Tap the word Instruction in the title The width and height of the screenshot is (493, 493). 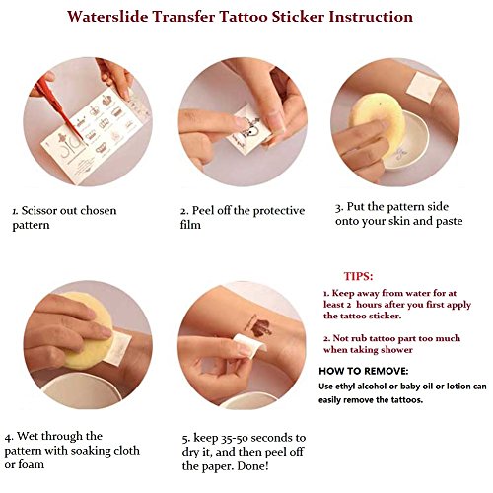371,17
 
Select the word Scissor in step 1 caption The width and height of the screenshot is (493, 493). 39,211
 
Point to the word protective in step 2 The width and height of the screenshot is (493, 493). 279,211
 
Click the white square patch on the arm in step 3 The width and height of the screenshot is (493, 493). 423,87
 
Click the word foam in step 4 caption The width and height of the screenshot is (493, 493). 31,464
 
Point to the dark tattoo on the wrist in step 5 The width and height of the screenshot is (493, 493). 258,326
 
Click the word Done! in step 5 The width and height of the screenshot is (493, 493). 253,466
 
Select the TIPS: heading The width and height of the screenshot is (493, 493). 358,276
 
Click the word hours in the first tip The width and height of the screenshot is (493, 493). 369,305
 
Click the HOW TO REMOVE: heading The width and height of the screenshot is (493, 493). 364,371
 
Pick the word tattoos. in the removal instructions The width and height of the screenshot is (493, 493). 407,400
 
